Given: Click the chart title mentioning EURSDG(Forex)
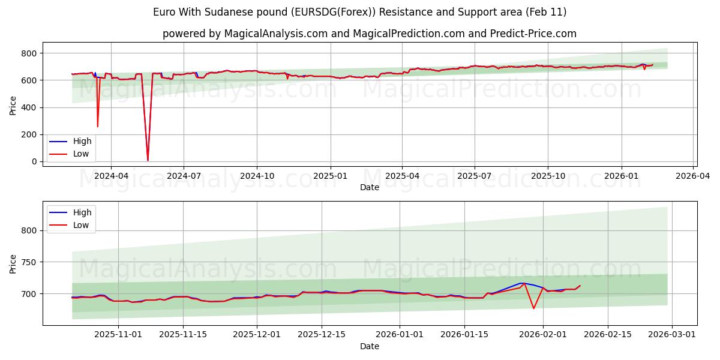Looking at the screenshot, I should tap(359, 12).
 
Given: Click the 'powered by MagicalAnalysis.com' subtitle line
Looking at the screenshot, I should tap(369, 34).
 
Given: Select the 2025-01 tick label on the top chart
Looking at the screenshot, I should tap(330, 176).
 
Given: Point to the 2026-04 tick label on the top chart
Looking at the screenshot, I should tap(694, 176).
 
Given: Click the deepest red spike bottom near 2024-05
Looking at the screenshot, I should tap(148, 160).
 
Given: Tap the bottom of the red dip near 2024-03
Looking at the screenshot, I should tap(98, 126).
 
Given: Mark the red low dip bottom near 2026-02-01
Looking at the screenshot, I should tap(533, 308).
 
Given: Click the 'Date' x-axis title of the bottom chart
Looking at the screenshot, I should tap(369, 346).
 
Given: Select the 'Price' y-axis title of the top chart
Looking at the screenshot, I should tap(13, 105).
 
